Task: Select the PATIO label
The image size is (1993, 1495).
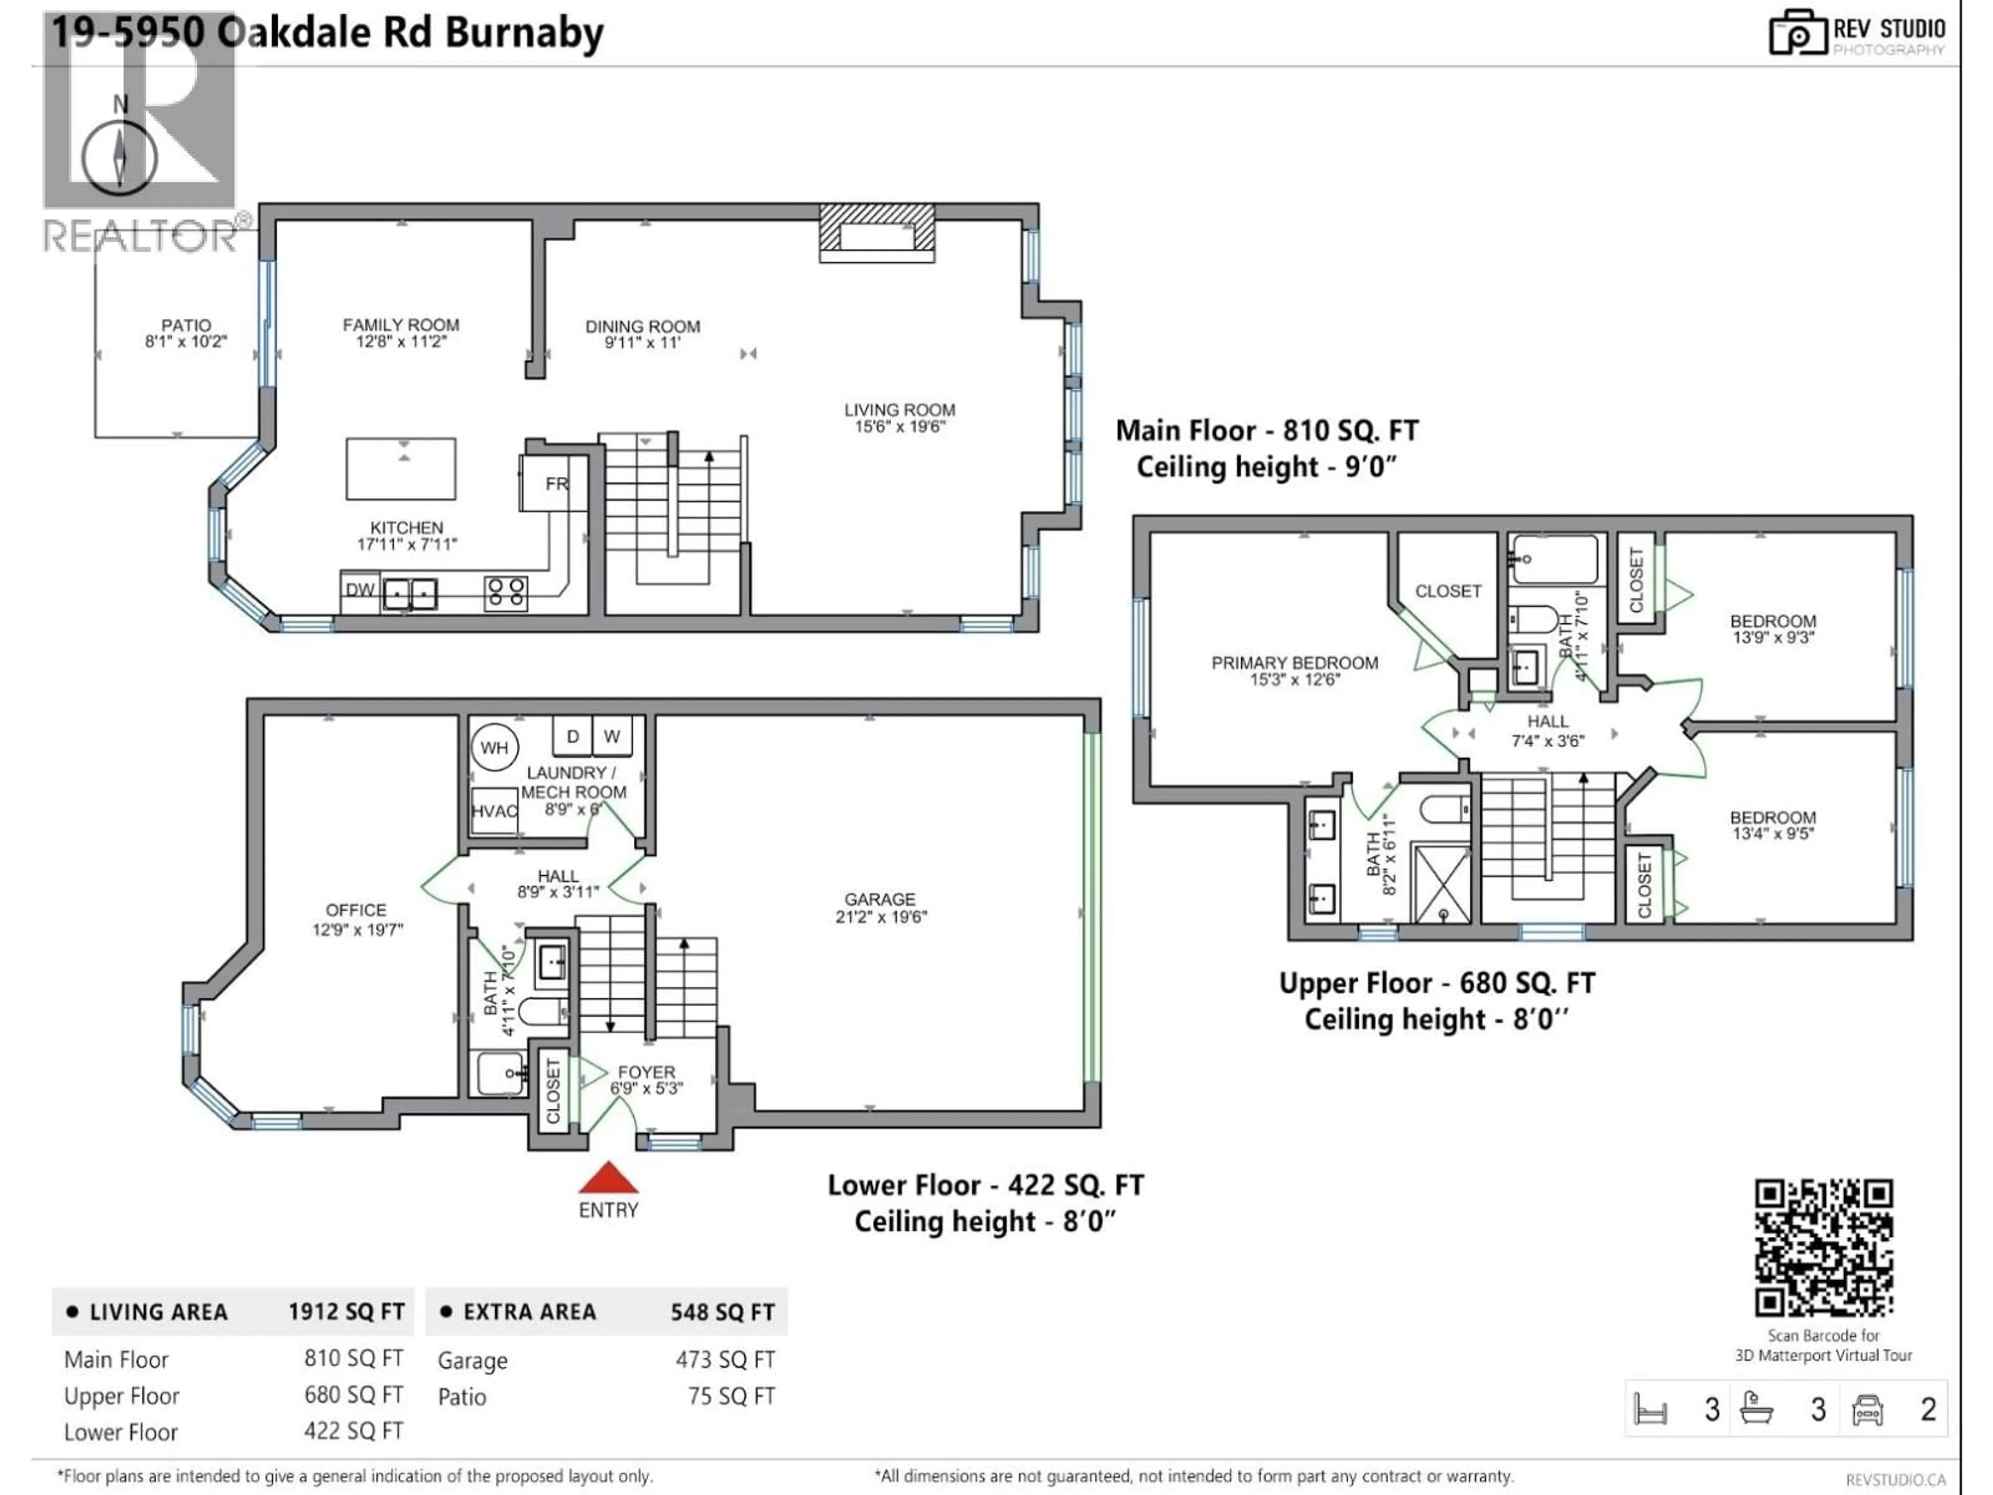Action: pos(186,325)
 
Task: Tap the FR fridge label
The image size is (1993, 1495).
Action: pos(556,484)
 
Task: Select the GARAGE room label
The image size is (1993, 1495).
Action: pos(879,900)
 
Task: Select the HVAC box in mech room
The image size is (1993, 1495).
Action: pos(494,811)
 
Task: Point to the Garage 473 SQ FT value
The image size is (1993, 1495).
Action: pos(725,1360)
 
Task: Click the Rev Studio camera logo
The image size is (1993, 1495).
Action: pos(1797,33)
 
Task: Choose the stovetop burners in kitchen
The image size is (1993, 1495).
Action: pos(506,592)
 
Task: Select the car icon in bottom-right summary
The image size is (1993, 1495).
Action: pos(1867,1409)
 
